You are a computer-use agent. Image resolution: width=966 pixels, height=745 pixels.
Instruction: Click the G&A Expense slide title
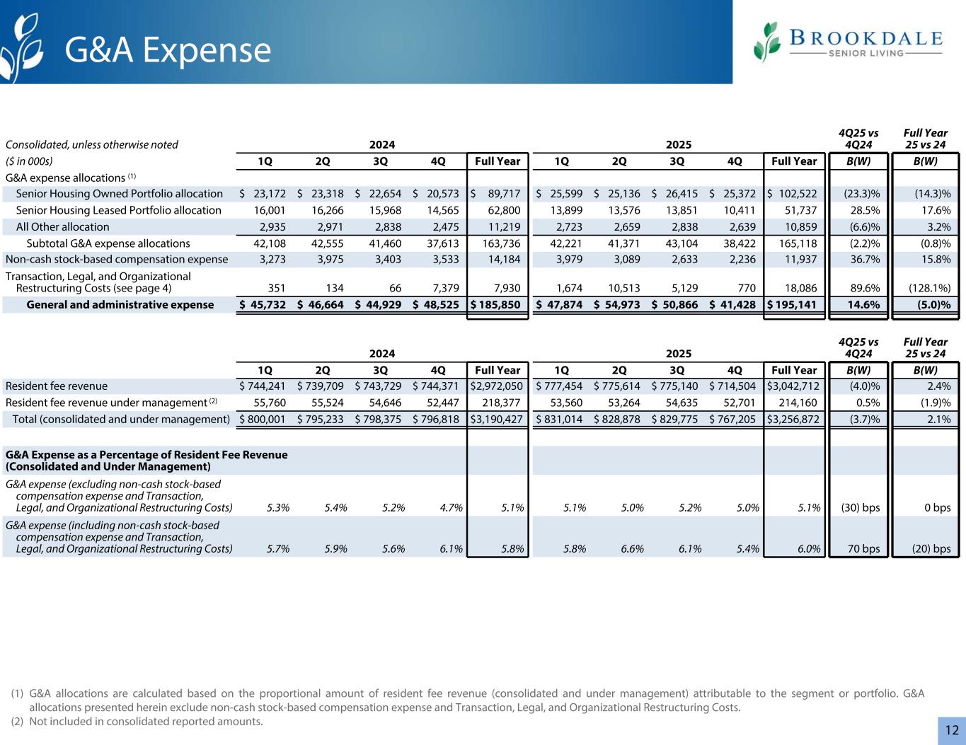[x=168, y=50]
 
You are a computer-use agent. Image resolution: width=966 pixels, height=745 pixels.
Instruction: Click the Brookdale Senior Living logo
[x=848, y=42]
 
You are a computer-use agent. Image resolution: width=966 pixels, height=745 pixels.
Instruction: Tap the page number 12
[x=951, y=730]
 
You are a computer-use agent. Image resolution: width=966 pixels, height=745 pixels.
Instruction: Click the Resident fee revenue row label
[x=57, y=386]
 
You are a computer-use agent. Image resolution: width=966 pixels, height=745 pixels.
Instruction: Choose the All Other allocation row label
[x=62, y=227]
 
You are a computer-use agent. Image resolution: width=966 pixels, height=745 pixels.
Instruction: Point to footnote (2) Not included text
[x=145, y=722]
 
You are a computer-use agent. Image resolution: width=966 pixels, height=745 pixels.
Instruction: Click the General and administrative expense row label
[x=120, y=305]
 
